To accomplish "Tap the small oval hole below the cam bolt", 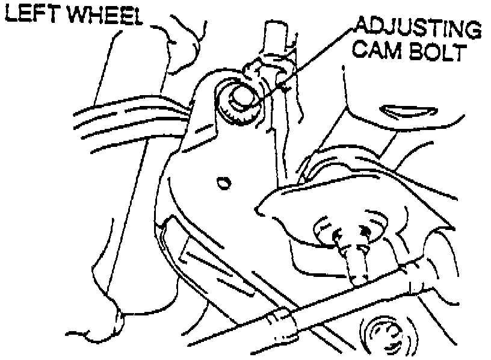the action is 224,182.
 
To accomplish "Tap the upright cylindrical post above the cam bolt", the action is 272,39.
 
